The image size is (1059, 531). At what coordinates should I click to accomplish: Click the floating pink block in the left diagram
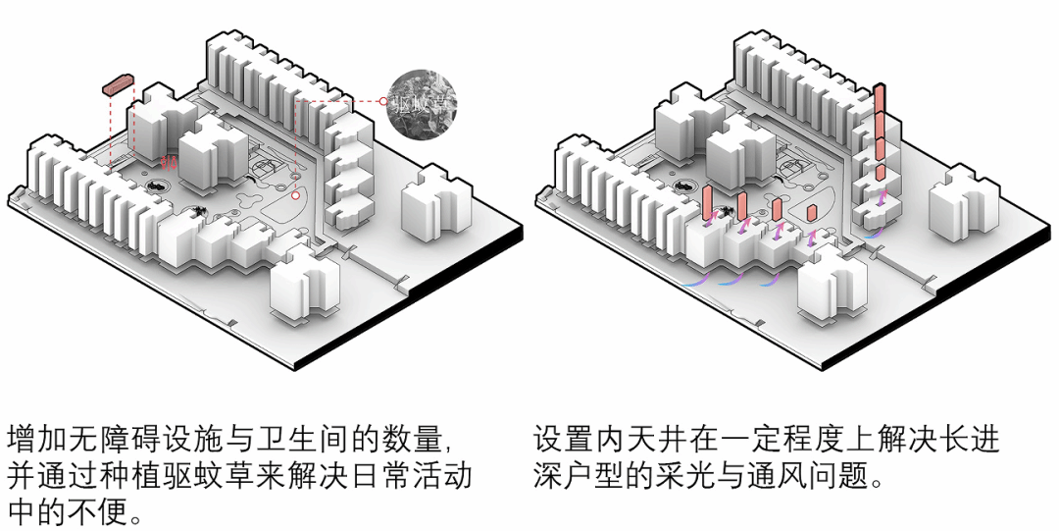118,85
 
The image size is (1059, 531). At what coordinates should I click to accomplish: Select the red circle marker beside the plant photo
382,101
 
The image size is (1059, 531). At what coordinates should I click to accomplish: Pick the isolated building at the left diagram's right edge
429,205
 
